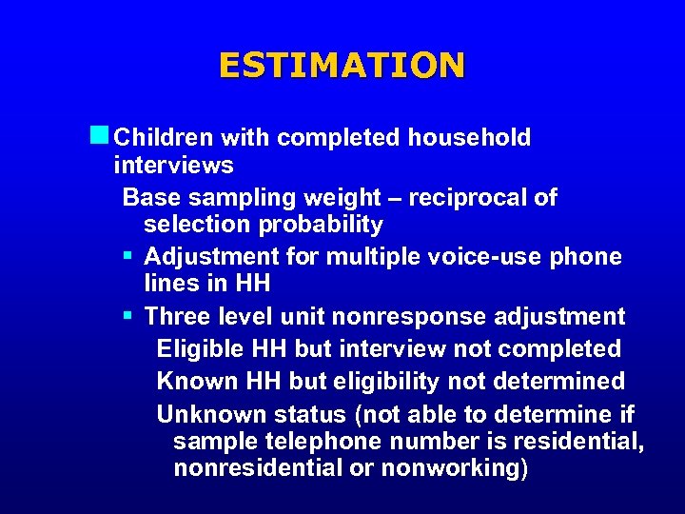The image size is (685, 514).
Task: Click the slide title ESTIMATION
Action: point(342,65)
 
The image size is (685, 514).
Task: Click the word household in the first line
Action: point(469,138)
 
